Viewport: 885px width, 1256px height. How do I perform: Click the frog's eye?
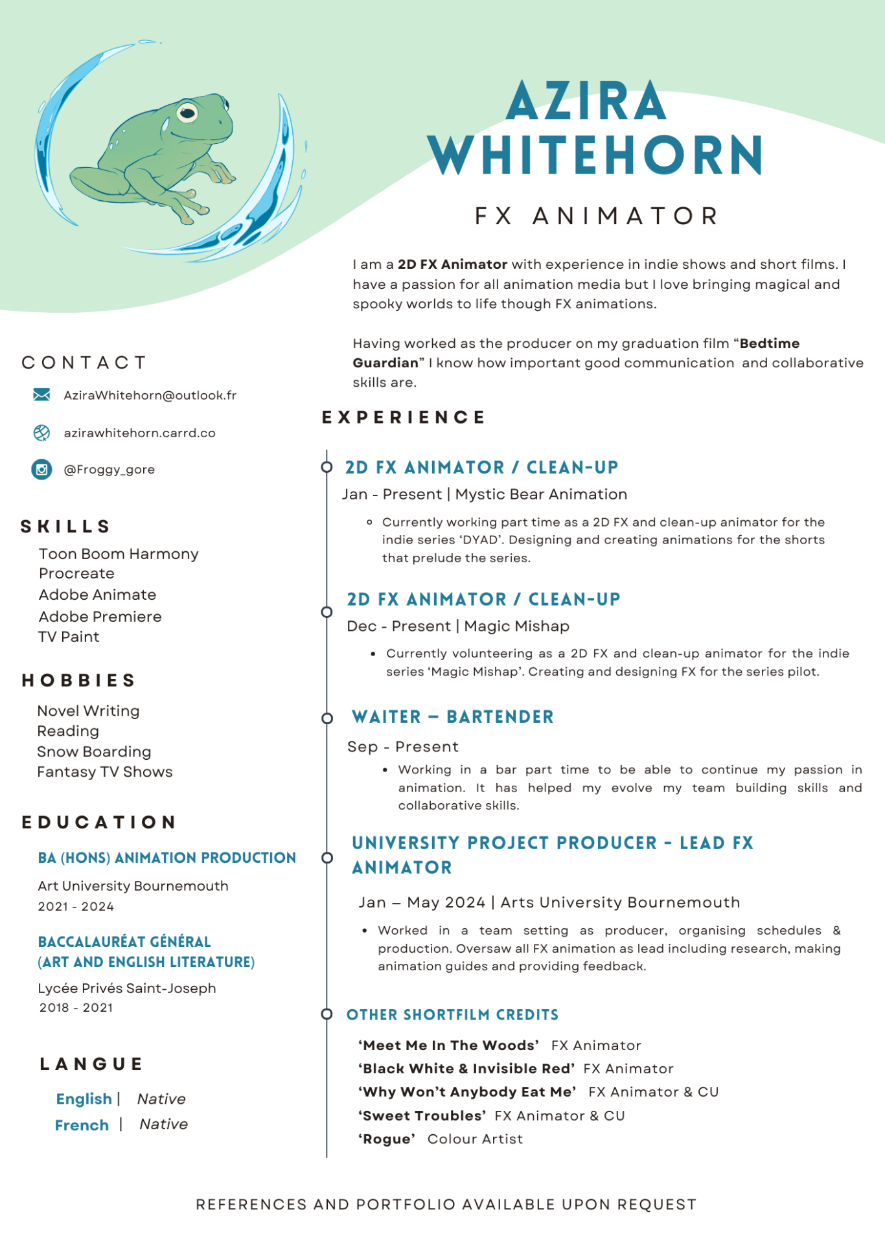click(188, 112)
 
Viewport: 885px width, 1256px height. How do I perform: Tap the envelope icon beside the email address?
click(41, 394)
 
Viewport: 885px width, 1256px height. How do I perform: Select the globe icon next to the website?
click(41, 433)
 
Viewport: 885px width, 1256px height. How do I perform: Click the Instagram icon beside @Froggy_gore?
click(41, 469)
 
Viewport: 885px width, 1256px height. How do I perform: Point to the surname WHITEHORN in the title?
click(595, 155)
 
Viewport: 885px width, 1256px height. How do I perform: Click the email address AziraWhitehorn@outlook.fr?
click(150, 395)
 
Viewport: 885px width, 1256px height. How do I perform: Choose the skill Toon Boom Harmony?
click(119, 554)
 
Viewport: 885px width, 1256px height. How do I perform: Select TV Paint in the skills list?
click(69, 637)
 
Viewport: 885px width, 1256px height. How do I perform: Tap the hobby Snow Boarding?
click(94, 751)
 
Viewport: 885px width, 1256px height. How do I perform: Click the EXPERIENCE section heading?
click(404, 417)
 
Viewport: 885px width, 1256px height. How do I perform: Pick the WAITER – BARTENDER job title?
click(452, 716)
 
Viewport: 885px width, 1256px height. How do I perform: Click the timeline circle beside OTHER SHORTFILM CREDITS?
click(327, 1014)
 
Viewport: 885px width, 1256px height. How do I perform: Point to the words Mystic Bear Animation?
click(541, 494)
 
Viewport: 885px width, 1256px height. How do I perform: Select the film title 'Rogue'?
click(387, 1139)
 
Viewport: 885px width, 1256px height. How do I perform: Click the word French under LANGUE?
click(82, 1125)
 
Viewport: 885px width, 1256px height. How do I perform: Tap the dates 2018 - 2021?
click(76, 1007)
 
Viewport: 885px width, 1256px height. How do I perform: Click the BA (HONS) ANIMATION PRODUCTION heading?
click(167, 858)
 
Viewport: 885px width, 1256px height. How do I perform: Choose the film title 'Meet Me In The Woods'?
click(448, 1045)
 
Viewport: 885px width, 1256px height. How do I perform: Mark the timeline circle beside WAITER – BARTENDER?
click(327, 718)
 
